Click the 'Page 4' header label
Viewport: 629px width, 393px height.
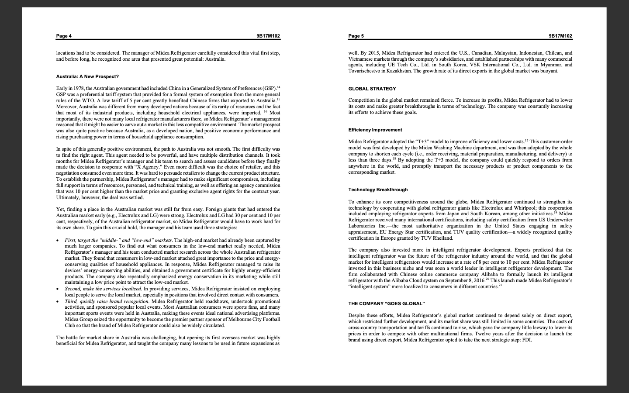[x=64, y=36]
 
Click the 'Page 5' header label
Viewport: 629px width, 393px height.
[x=356, y=36]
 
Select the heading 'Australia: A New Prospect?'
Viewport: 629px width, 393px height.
[x=87, y=76]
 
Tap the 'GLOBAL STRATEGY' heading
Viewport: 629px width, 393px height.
[x=372, y=89]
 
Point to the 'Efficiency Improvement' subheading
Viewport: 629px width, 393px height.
[x=375, y=130]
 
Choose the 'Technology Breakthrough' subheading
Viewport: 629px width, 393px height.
[x=378, y=190]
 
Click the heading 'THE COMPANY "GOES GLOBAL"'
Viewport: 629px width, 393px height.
[x=386, y=303]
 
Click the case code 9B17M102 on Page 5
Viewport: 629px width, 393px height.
[x=560, y=36]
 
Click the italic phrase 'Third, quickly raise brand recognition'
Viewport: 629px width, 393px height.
[x=107, y=301]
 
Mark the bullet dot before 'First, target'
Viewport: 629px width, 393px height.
[x=59, y=241]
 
